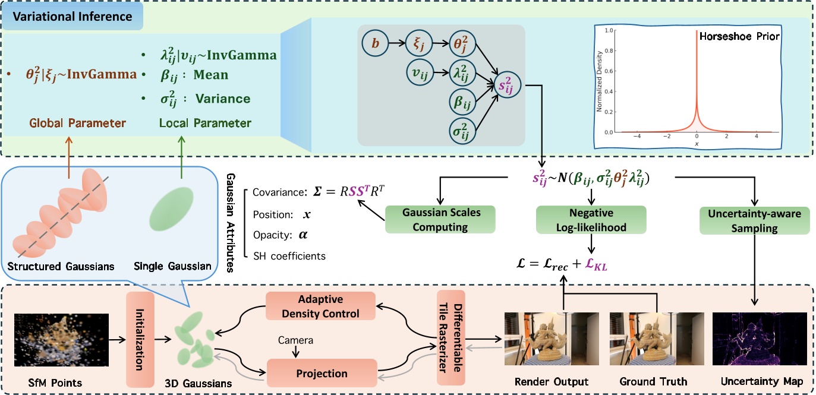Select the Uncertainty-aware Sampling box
(754, 219)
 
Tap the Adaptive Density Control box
(321, 306)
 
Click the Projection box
(322, 374)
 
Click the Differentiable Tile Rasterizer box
(449, 339)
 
